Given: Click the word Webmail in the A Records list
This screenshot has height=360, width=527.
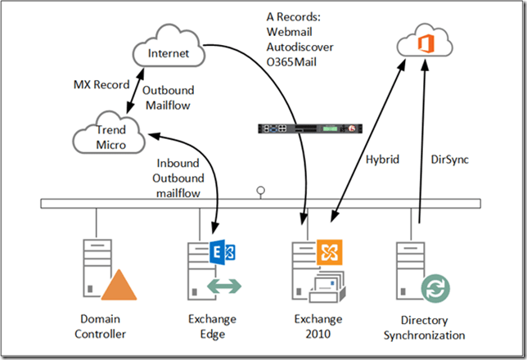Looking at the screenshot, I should coord(288,31).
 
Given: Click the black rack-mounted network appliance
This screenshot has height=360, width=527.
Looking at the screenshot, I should coord(306,129).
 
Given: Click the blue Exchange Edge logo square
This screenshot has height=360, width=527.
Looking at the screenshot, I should coord(219,250).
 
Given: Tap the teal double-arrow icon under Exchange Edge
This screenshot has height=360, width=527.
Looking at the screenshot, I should coord(220,285).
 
